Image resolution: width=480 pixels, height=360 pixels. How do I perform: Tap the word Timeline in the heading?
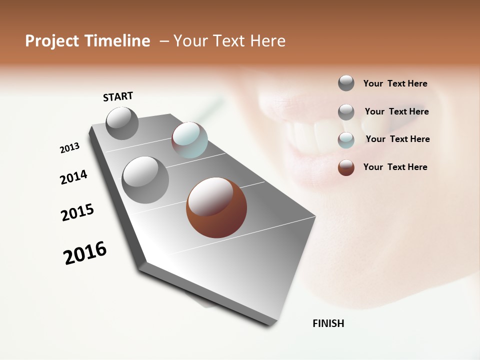[x=117, y=41]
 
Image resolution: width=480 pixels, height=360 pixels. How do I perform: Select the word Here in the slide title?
[x=267, y=41]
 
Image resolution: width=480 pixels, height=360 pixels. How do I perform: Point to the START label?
[x=118, y=96]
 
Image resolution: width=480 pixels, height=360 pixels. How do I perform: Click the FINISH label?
[x=328, y=323]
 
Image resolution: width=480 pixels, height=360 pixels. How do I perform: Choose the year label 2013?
[x=69, y=148]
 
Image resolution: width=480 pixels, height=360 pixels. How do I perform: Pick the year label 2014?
[x=73, y=177]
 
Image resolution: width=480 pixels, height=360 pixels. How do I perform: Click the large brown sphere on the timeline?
[x=216, y=207]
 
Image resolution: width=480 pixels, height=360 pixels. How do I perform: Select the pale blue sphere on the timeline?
[x=189, y=140]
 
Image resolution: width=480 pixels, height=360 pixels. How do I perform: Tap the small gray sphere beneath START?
[x=122, y=123]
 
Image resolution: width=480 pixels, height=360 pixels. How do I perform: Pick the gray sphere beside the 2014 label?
[x=145, y=179]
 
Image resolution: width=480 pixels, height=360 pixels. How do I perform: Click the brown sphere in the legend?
[x=346, y=167]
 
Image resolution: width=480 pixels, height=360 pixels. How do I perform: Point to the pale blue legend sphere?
[x=346, y=140]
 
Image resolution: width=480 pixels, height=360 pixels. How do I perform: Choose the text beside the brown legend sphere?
[x=395, y=167]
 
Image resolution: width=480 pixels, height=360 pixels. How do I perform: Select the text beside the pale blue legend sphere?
[x=397, y=139]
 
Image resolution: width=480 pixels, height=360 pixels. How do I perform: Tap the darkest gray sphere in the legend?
[x=346, y=83]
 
